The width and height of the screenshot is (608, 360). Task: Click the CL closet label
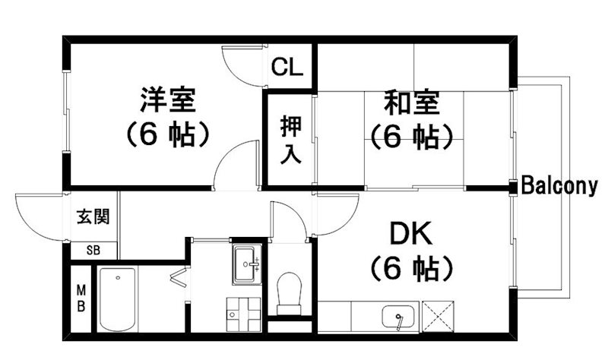(x=287, y=67)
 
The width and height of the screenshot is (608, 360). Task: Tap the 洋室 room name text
(x=167, y=100)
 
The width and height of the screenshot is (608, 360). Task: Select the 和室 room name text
(x=412, y=103)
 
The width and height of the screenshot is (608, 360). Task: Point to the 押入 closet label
(x=291, y=140)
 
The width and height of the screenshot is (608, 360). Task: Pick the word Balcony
(x=559, y=186)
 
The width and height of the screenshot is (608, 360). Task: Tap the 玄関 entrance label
(x=93, y=216)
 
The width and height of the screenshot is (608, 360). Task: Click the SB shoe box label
(x=93, y=251)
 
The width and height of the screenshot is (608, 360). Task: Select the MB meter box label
(x=81, y=298)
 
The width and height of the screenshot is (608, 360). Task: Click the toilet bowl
(x=290, y=292)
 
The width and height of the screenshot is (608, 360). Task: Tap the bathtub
(x=117, y=298)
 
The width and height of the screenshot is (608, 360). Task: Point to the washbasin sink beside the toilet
(x=247, y=264)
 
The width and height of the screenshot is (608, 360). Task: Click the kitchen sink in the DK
(x=397, y=317)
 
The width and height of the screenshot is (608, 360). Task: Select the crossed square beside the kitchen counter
(x=439, y=316)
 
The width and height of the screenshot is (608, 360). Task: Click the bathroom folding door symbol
(x=179, y=278)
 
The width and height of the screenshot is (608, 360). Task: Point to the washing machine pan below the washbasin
(x=242, y=314)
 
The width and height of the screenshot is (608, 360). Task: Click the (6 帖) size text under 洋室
(x=167, y=134)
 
